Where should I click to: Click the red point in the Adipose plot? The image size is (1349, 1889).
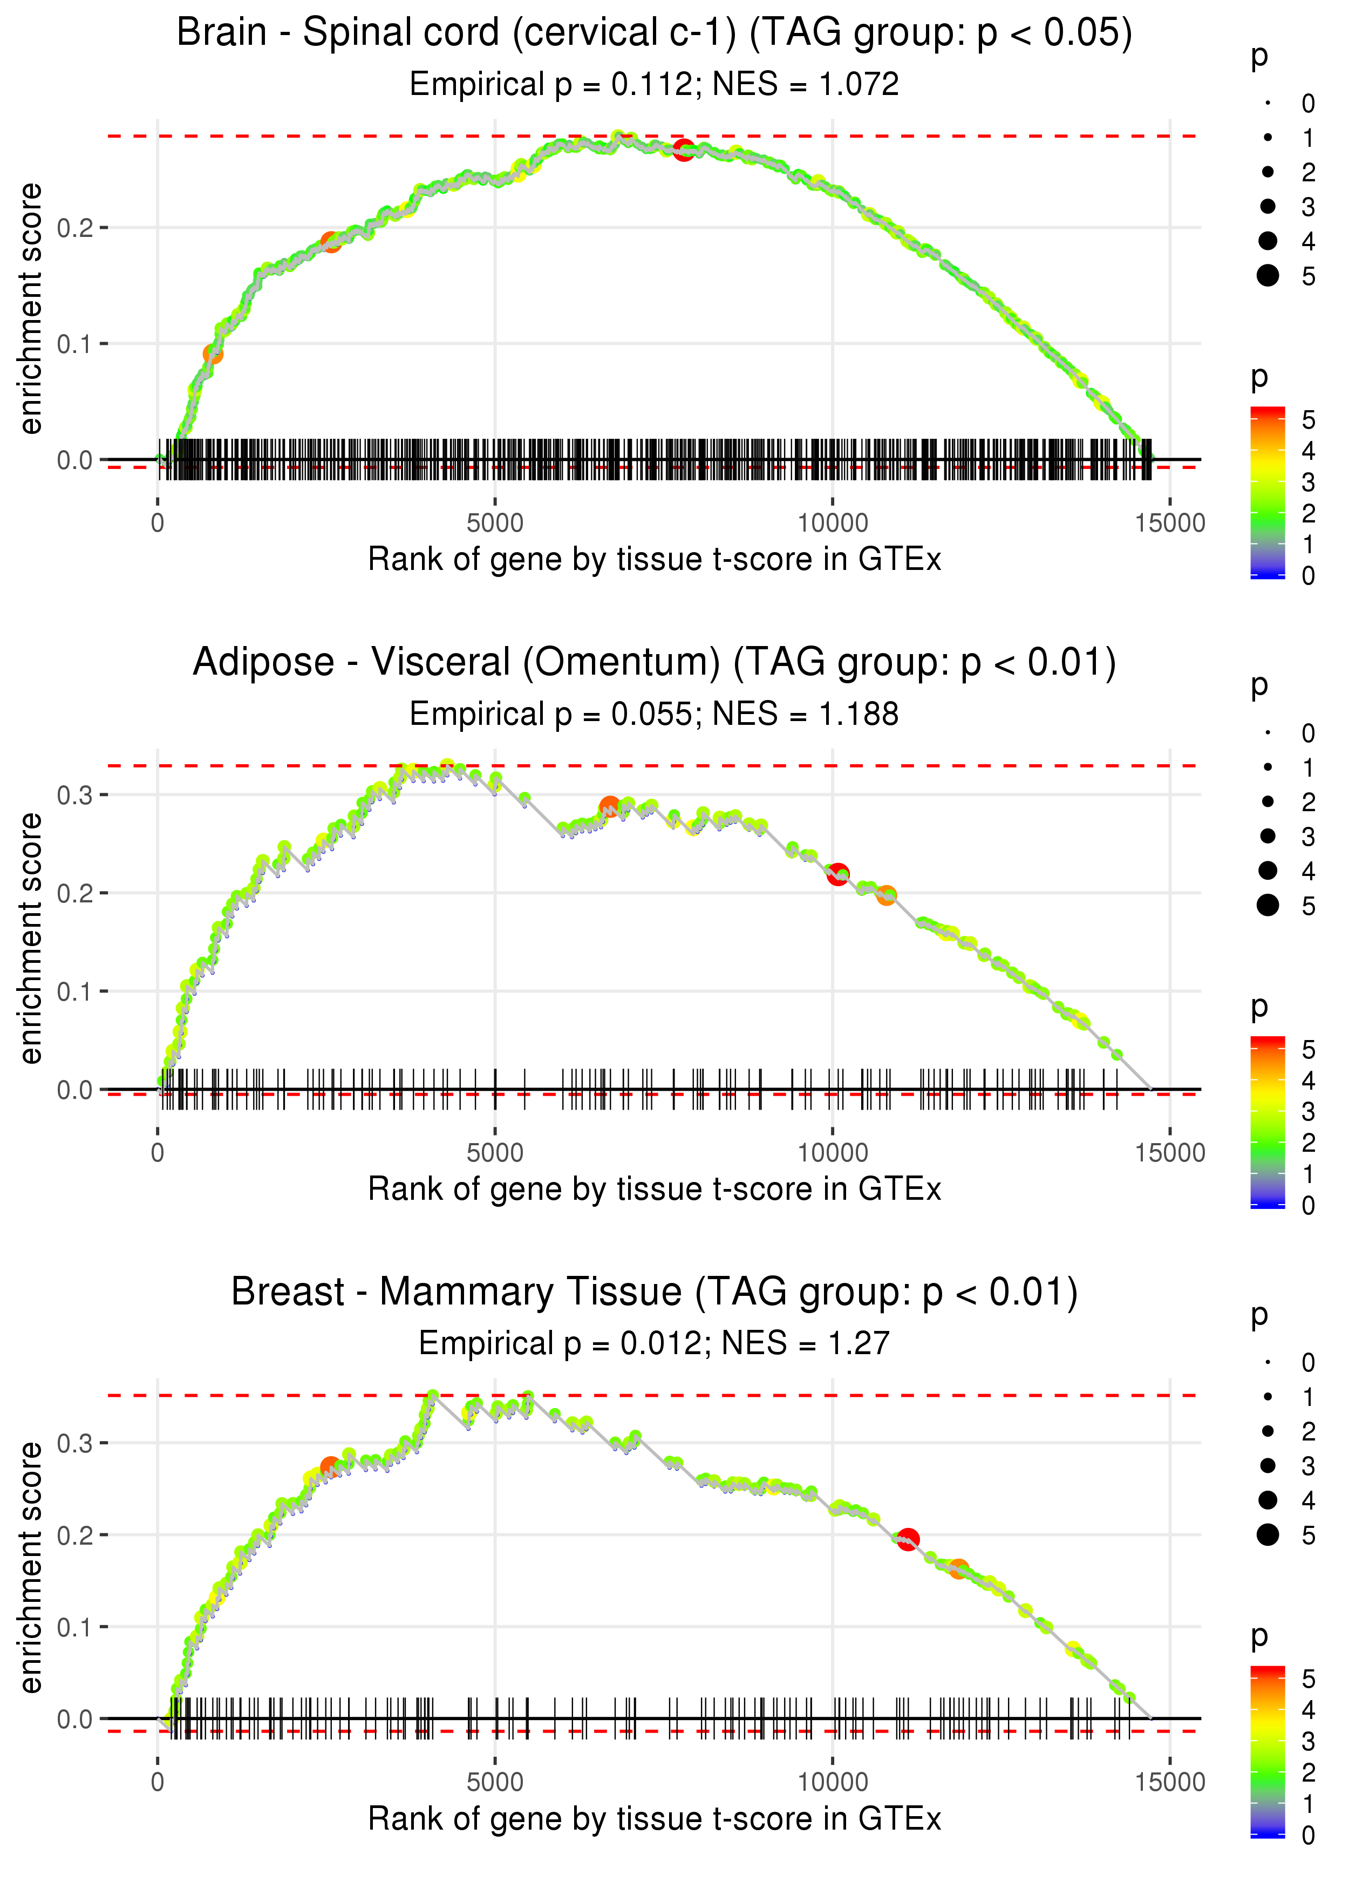point(838,874)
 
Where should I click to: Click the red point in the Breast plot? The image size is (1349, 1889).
point(908,1539)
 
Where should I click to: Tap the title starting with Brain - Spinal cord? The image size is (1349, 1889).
point(655,33)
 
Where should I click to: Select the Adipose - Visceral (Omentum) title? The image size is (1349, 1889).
point(655,663)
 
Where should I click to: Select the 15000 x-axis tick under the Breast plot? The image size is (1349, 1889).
point(1169,1782)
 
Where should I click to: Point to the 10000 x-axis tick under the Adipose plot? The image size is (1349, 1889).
point(832,1153)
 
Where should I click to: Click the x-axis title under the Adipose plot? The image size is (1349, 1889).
point(655,1190)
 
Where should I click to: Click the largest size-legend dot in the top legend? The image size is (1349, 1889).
point(1268,276)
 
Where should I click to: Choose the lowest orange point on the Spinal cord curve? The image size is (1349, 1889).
point(213,355)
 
